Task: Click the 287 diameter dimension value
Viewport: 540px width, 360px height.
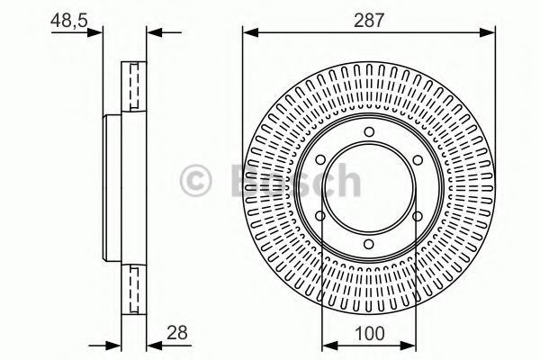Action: click(x=368, y=21)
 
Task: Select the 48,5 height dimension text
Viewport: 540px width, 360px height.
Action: click(x=69, y=21)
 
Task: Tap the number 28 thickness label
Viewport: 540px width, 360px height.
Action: click(x=177, y=332)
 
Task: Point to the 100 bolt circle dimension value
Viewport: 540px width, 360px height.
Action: click(x=369, y=334)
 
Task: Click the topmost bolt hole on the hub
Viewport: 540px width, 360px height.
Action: click(x=369, y=131)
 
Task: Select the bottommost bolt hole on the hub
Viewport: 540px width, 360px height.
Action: click(x=369, y=244)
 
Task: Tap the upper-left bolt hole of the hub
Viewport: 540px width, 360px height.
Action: click(x=320, y=160)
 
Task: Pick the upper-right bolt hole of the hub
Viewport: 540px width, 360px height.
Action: click(x=418, y=160)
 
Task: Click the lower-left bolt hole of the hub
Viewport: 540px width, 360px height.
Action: click(x=320, y=216)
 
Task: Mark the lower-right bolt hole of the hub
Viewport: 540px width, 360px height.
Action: click(x=418, y=216)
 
